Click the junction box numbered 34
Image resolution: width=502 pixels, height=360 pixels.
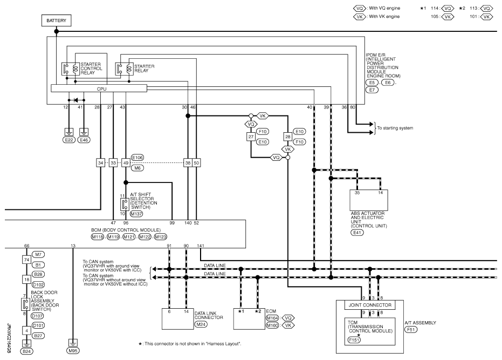[101, 162]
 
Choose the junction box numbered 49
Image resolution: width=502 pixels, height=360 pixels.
[126, 162]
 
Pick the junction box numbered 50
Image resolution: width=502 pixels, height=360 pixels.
[196, 162]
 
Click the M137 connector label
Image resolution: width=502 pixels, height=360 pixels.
[137, 214]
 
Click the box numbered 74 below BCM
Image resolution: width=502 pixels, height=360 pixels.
[26, 259]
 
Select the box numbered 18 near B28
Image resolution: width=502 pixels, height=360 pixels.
[26, 280]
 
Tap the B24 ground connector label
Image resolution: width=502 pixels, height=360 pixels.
[26, 351]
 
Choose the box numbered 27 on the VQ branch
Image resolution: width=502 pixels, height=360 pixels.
[251, 137]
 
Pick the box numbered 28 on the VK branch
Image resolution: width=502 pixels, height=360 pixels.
[287, 137]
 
